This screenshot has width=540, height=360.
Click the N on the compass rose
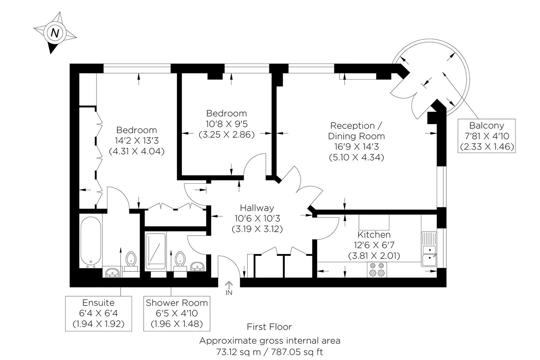(x=55, y=33)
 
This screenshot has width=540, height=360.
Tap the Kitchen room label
(x=374, y=234)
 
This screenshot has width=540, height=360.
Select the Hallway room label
(x=257, y=208)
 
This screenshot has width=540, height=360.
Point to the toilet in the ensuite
(x=131, y=262)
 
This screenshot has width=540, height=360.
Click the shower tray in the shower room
(x=156, y=251)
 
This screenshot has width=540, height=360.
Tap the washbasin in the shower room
(x=197, y=267)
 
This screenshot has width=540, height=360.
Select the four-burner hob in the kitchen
(x=377, y=270)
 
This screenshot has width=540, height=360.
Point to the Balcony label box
(x=486, y=136)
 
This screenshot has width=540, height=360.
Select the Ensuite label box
(x=99, y=313)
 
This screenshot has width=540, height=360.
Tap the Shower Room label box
(x=177, y=313)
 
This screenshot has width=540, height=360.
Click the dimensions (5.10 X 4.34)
(x=356, y=157)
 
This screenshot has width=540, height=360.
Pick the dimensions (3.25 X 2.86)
(x=227, y=134)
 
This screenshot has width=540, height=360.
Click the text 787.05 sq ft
(x=297, y=352)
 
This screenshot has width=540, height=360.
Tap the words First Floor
(x=269, y=327)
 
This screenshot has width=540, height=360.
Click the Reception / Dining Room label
(x=356, y=131)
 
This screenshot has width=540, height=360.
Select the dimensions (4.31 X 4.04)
(x=137, y=151)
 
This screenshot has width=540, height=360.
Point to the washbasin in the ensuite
(x=112, y=272)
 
